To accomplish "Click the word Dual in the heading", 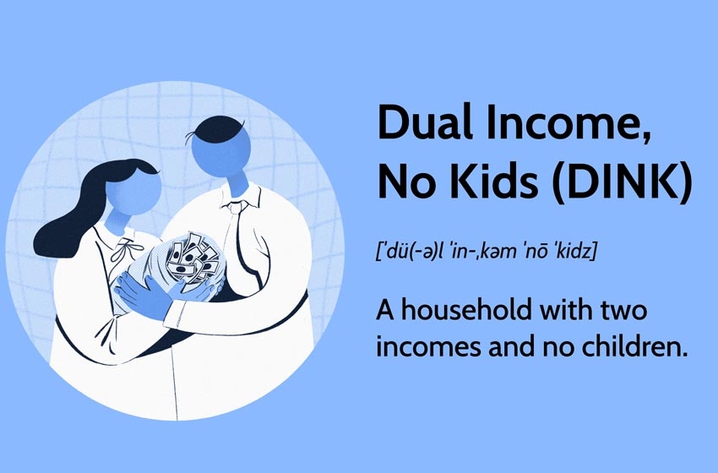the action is [x=426, y=122].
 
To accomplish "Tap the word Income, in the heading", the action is [x=568, y=123].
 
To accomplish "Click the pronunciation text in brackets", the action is [x=487, y=252].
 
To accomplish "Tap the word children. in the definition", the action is [x=635, y=346].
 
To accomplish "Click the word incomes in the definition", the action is [x=428, y=347].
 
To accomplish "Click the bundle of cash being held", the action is [x=193, y=258].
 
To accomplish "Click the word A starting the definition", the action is [x=385, y=311].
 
